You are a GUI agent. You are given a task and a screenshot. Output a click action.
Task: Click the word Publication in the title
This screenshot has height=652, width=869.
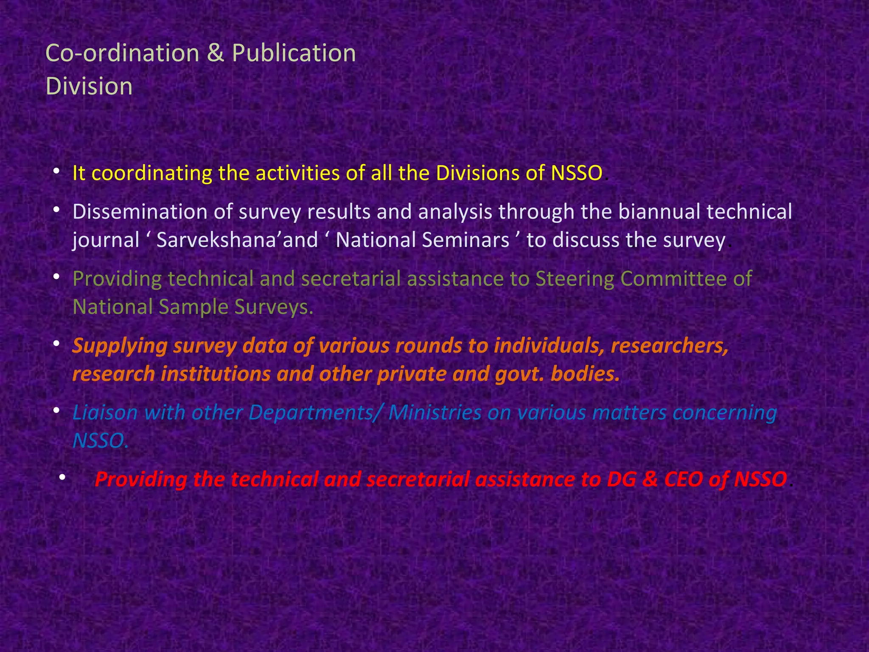click(x=294, y=54)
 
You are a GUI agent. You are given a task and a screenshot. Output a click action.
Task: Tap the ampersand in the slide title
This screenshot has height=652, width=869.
click(x=215, y=54)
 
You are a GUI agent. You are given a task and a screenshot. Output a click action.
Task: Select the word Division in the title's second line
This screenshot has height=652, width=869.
click(x=89, y=87)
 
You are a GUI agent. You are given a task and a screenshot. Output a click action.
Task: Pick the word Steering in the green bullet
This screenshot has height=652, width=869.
click(x=575, y=279)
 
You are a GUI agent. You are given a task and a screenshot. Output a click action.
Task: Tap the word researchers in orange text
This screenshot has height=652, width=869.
click(x=670, y=346)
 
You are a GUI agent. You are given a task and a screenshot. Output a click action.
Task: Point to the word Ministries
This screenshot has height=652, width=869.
click(x=435, y=413)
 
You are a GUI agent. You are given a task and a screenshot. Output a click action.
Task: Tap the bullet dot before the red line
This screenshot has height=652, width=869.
click(x=62, y=478)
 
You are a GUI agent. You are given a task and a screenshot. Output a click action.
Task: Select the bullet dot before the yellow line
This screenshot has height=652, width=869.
click(x=56, y=172)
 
